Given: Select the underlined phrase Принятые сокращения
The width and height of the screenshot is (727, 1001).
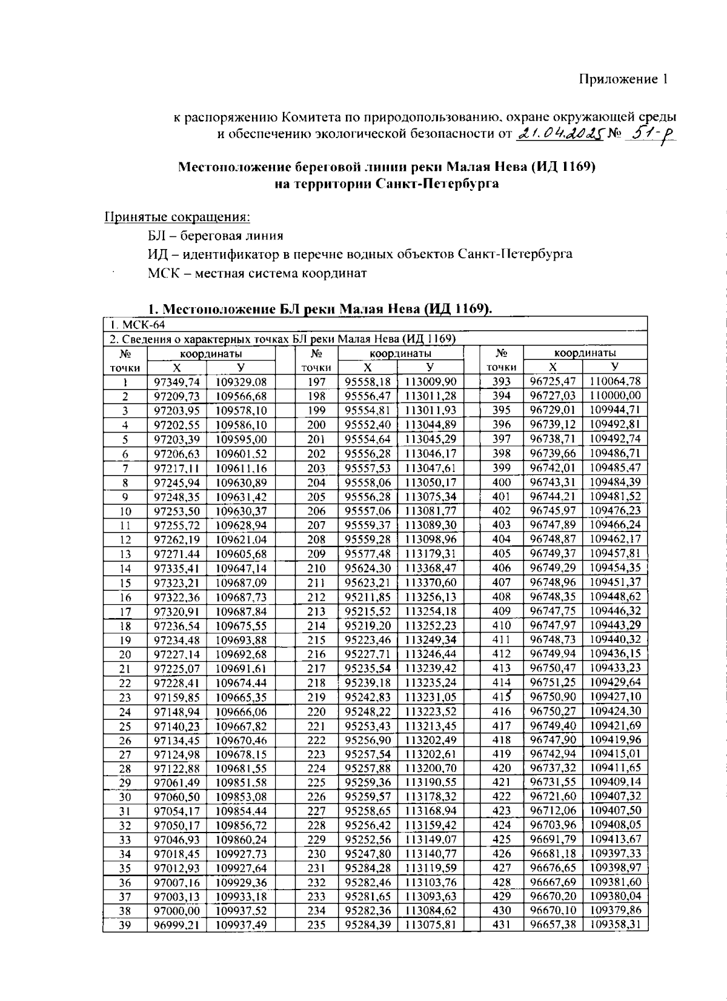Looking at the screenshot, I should (x=178, y=216).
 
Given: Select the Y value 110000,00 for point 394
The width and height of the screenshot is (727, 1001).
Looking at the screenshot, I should (x=615, y=396).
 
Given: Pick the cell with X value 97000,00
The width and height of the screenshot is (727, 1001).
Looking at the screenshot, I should (x=177, y=911).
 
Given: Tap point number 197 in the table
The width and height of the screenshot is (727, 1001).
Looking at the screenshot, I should (x=316, y=382).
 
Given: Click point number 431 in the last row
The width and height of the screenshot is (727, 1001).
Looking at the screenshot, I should (x=501, y=925).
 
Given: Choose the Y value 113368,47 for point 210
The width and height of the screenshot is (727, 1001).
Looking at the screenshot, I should (x=430, y=568).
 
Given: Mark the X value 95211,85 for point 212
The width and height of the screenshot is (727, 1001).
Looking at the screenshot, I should (x=368, y=597).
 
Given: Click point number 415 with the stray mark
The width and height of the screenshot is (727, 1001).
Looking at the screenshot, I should (x=502, y=697).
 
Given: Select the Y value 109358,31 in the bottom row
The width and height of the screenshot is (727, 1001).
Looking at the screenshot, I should (x=615, y=925).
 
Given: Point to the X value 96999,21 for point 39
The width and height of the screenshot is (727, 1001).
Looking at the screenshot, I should (x=177, y=925).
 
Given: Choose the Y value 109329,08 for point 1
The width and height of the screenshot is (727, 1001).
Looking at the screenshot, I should (x=241, y=382).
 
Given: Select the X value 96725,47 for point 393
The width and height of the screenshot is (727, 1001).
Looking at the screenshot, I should (x=553, y=382).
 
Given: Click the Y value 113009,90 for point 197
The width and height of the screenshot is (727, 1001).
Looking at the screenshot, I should (x=430, y=382).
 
